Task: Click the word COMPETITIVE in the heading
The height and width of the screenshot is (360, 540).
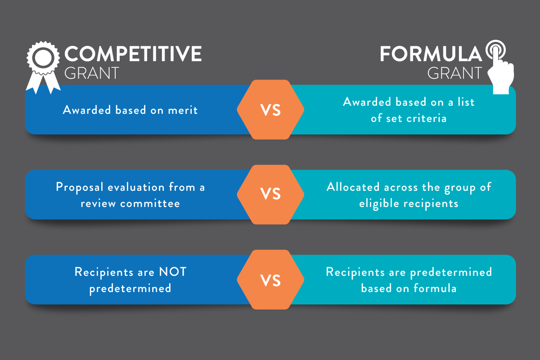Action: (x=133, y=54)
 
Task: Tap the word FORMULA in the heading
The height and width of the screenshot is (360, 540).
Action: (x=431, y=54)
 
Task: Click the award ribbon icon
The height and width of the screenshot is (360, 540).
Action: (x=43, y=67)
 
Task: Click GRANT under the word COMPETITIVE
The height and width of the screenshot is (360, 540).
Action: (x=92, y=73)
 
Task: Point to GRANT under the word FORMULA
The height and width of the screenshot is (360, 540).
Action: (x=454, y=73)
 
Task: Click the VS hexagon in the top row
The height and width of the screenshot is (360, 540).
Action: (x=270, y=110)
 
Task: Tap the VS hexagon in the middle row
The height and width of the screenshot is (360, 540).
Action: (x=270, y=194)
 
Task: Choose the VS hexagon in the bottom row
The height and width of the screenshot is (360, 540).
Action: (x=270, y=280)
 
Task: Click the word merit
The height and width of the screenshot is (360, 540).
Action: (x=183, y=110)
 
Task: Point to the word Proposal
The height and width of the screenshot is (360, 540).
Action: (x=80, y=187)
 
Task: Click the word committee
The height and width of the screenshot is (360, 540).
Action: (x=150, y=203)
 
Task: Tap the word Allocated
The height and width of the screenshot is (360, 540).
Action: (x=353, y=187)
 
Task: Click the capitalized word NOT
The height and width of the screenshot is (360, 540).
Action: (x=173, y=272)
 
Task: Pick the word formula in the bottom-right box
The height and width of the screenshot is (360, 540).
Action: (x=435, y=288)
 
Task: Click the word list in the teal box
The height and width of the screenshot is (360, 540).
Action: (x=466, y=102)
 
